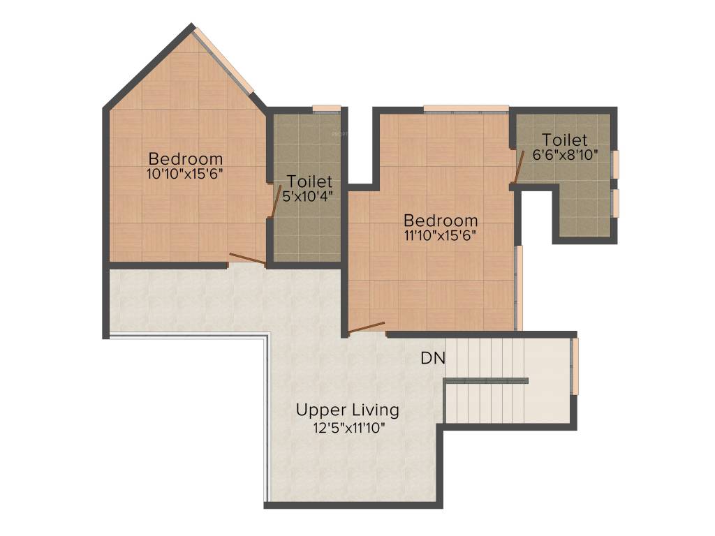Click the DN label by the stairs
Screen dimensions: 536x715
point(433,359)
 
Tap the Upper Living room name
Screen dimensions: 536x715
point(347,410)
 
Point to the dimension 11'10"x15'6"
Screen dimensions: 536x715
point(440,236)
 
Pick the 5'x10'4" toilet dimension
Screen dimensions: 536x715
point(307,197)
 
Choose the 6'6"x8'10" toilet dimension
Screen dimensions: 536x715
point(565,155)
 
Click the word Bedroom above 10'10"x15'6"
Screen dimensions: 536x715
point(185,158)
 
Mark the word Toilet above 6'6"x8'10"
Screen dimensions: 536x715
point(565,140)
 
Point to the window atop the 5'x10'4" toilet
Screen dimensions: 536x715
point(325,108)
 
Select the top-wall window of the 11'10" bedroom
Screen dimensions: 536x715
point(466,108)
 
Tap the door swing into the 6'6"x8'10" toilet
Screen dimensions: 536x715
point(520,167)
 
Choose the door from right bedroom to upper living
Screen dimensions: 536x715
point(367,327)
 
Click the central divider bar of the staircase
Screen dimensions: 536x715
point(487,380)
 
